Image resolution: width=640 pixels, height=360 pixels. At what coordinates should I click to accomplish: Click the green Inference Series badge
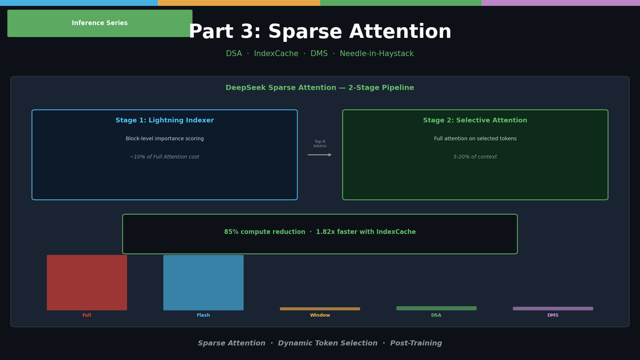(x=100, y=23)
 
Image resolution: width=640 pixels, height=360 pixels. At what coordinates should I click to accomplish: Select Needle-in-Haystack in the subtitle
(x=377, y=54)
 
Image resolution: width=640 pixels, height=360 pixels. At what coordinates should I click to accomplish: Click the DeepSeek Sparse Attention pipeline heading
(x=319, y=88)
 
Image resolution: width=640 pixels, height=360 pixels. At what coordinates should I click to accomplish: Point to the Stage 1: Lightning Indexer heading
(x=164, y=121)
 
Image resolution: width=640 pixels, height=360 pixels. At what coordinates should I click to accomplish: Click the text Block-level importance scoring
(x=164, y=139)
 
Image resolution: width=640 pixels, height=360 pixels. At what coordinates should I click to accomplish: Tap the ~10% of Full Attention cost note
(x=164, y=157)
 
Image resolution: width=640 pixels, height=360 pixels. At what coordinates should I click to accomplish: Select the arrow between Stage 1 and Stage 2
(x=319, y=155)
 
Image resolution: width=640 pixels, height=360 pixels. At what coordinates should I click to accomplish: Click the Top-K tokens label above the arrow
(x=319, y=144)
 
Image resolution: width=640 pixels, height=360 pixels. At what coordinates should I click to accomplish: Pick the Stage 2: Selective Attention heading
(x=475, y=121)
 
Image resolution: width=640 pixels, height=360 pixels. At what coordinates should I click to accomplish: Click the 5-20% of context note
(x=475, y=157)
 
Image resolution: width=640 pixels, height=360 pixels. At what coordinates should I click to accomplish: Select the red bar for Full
(x=87, y=282)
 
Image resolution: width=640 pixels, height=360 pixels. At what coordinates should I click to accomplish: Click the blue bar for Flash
(x=203, y=282)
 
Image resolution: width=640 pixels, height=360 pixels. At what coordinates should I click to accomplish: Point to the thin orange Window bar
(x=319, y=309)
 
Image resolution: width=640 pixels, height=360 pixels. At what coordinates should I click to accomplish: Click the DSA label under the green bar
(x=436, y=315)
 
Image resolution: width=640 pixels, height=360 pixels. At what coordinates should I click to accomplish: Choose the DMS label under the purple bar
(x=553, y=315)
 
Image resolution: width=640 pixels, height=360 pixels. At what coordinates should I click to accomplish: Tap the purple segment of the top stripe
(x=561, y=3)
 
